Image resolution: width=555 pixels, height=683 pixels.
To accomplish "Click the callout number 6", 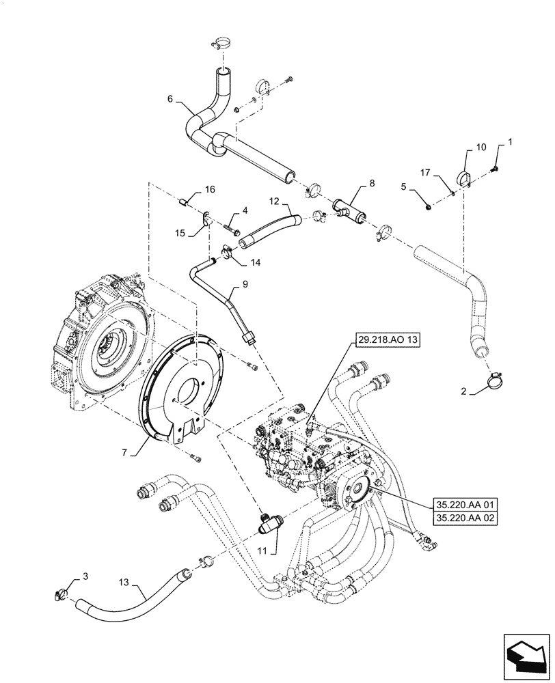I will pyautogui.click(x=170, y=98).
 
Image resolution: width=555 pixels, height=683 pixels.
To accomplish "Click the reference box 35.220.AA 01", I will pyautogui.click(x=465, y=505).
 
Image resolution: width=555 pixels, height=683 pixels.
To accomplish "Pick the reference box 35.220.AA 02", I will pyautogui.click(x=465, y=519).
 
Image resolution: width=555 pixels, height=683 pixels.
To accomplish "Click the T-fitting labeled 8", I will pyautogui.click(x=349, y=208).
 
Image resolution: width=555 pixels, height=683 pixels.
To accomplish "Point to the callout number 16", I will pyautogui.click(x=210, y=189).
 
